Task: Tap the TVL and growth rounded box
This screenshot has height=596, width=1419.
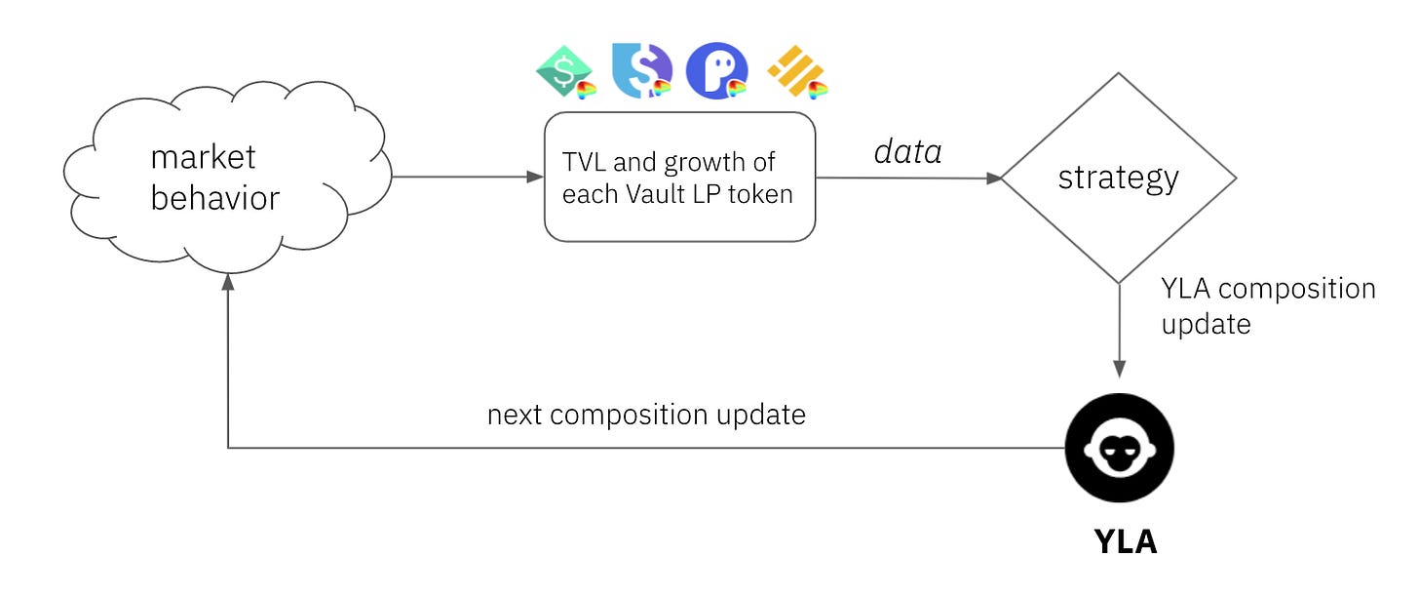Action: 679,177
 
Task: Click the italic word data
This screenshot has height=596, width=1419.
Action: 907,151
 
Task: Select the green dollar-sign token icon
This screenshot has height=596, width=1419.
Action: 564,73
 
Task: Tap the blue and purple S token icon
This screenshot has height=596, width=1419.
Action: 641,72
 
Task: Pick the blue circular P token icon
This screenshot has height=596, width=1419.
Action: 717,73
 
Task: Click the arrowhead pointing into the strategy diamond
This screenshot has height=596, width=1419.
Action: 994,179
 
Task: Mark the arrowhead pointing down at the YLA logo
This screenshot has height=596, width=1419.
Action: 1119,370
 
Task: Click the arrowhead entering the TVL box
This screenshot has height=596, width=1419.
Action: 535,178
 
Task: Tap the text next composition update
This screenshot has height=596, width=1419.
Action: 646,415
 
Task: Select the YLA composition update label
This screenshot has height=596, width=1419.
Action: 1268,305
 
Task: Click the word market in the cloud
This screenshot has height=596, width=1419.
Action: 203,156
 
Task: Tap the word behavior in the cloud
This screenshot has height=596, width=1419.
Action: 214,198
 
